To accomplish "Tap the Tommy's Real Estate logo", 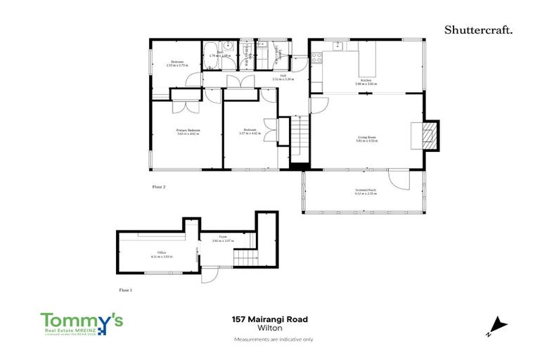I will [x=82, y=323].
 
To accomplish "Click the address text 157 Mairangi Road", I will [x=269, y=319].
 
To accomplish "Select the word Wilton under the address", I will [x=269, y=328].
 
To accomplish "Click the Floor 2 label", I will [x=159, y=187].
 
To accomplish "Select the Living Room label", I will [x=367, y=138].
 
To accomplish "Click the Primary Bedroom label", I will [x=188, y=131].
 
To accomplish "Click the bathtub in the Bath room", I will [x=212, y=62].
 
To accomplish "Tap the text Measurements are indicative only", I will [x=269, y=340].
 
